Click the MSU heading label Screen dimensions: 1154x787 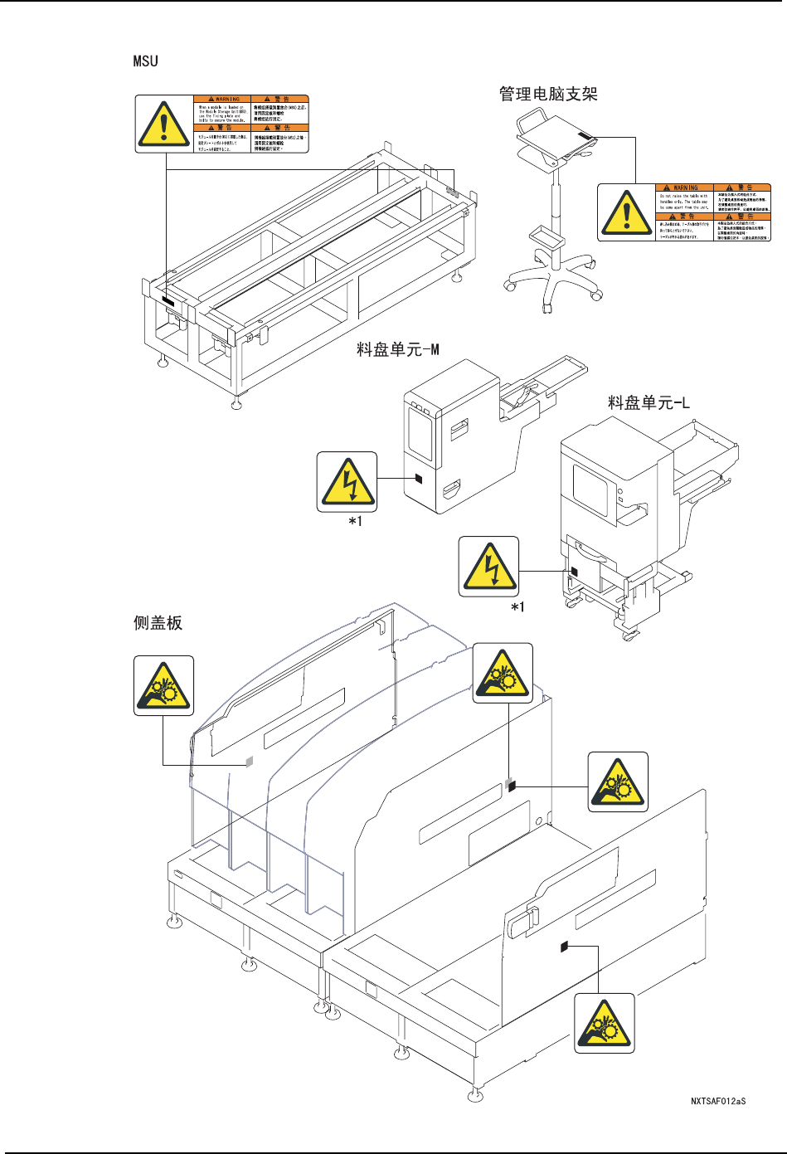[x=145, y=61]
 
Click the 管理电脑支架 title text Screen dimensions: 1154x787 [x=548, y=94]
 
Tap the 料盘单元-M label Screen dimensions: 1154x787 [x=397, y=349]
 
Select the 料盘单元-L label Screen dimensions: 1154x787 [x=649, y=403]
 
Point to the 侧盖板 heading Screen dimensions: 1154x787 [x=158, y=622]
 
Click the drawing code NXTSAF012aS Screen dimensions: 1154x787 [x=718, y=1102]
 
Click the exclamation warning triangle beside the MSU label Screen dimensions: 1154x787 [x=164, y=124]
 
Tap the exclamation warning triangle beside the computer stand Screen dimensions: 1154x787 [x=626, y=212]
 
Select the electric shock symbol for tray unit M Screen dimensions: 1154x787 [x=347, y=482]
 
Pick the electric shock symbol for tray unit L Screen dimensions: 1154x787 [x=488, y=567]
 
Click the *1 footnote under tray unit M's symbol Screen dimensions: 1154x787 [x=355, y=521]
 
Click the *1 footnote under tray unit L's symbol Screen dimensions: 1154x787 [x=517, y=607]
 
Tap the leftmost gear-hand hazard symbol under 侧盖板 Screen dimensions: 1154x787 [x=164, y=686]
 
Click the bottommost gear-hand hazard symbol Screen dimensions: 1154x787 [x=605, y=1024]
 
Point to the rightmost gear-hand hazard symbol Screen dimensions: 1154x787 [x=618, y=782]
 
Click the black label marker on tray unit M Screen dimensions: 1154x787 [x=419, y=478]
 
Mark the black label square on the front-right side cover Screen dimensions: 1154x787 [x=564, y=946]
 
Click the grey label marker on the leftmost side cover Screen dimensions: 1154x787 [x=249, y=762]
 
